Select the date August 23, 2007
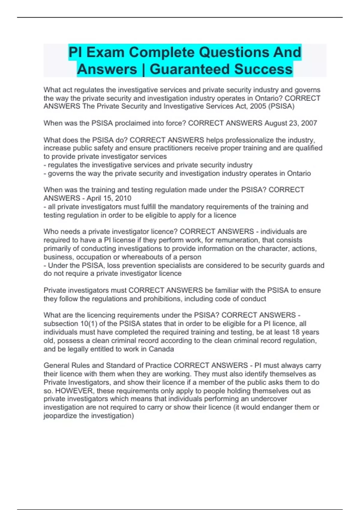[x=290, y=123]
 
